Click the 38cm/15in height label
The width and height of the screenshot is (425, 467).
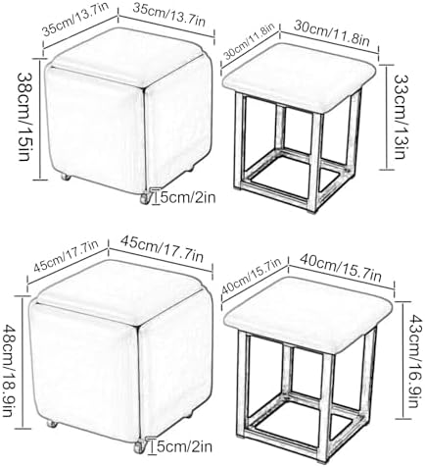24,117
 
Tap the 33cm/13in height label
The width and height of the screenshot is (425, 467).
401,117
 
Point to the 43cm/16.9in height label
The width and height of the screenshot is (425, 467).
412,361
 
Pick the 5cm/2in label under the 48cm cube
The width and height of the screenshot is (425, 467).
184,446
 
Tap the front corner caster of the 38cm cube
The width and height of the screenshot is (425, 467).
145,198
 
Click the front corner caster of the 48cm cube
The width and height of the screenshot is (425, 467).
140,447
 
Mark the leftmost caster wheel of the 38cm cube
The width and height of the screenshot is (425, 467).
66,178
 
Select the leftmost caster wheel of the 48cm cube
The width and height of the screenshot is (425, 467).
52,425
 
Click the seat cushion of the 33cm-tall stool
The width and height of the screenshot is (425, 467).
300,78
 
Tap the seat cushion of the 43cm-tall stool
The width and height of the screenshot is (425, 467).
308,313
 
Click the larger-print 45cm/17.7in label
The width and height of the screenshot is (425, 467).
162,249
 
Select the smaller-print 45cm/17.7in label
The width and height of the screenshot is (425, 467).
66,257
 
